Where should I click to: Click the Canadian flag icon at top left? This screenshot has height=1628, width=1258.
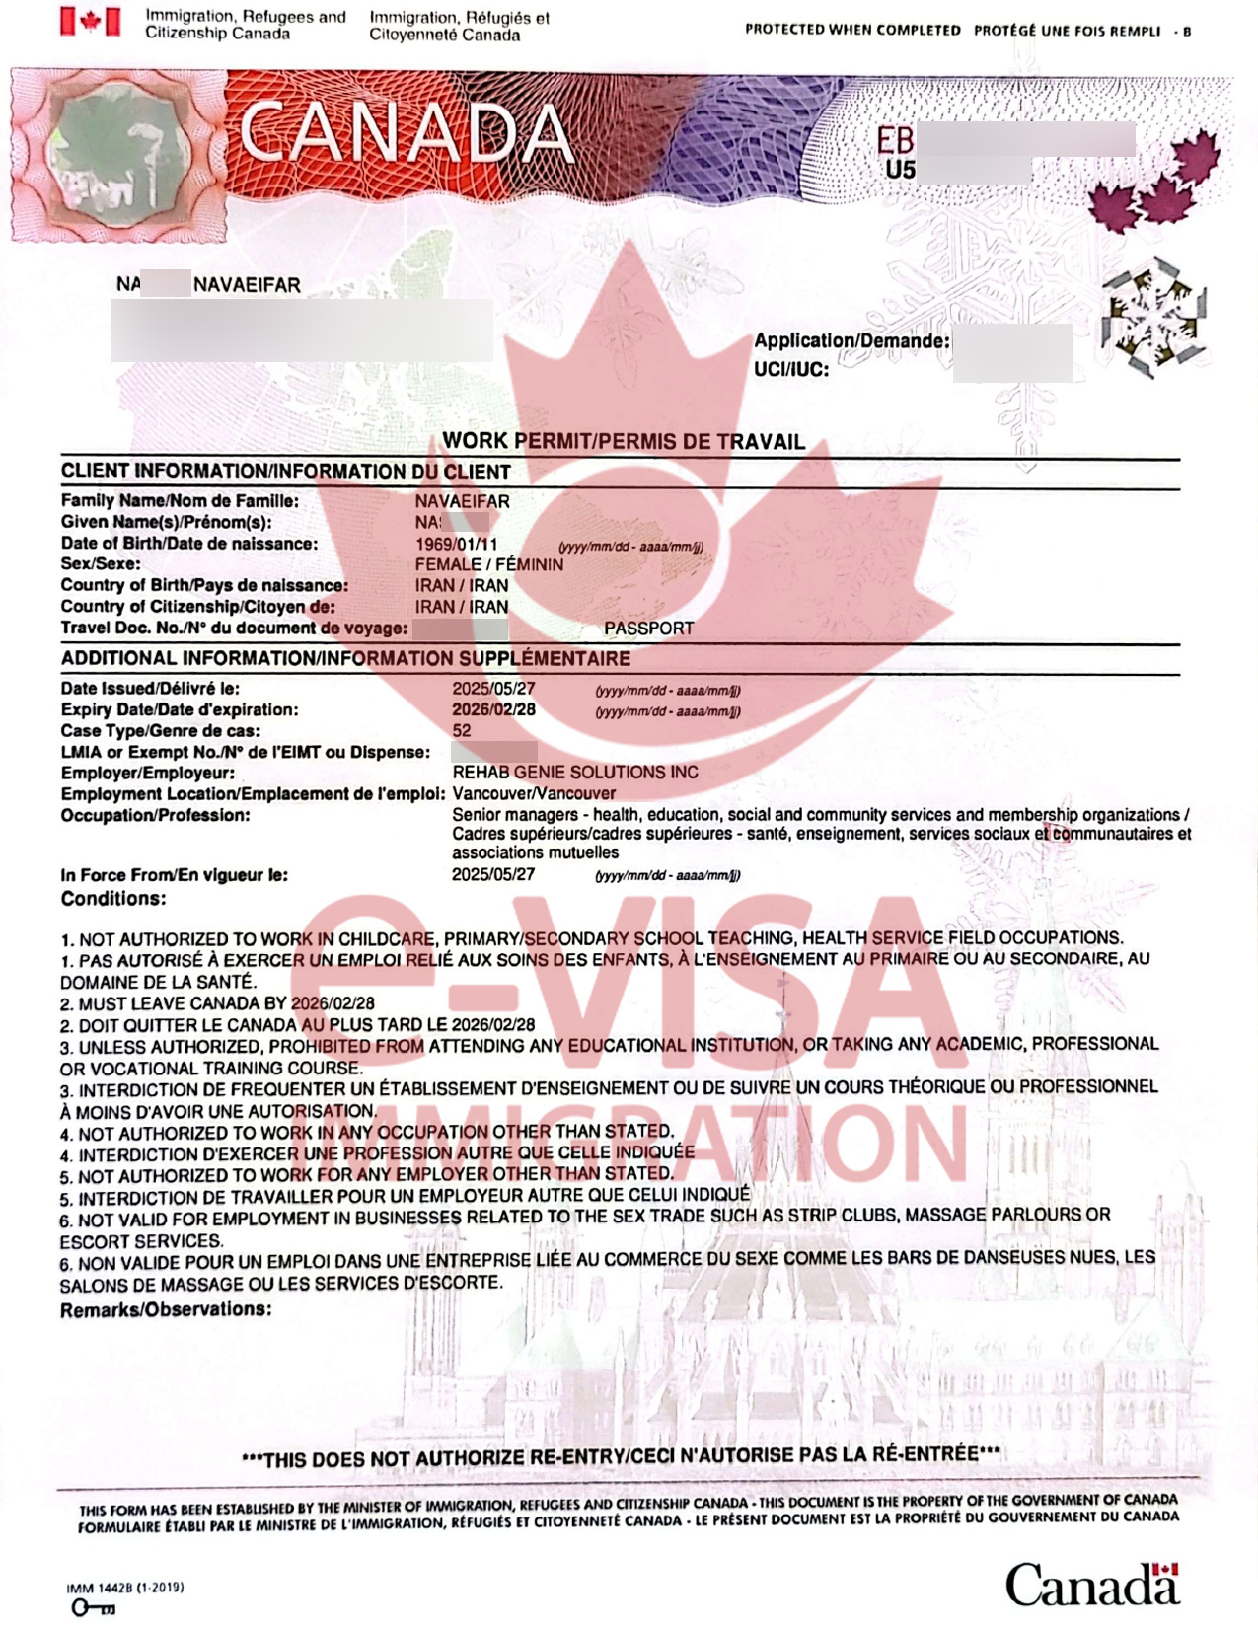coord(91,22)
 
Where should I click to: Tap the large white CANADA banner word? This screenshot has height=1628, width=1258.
coord(406,132)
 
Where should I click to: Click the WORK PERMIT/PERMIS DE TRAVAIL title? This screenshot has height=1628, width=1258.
coord(624,441)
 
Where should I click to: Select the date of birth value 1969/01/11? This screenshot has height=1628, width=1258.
coord(457,544)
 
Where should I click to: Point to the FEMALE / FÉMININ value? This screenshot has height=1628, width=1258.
coord(489,564)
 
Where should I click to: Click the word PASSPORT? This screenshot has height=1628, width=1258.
coord(648,629)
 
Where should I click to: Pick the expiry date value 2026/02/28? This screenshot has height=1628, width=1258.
coord(493,709)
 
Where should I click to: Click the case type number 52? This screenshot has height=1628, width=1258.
coord(462,731)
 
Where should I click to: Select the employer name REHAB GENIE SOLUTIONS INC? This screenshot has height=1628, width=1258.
coord(575,773)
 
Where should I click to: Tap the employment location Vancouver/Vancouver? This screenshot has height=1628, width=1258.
coord(534,793)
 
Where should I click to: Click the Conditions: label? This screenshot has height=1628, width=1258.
coord(113,899)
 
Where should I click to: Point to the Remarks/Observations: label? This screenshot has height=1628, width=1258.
coord(166,1309)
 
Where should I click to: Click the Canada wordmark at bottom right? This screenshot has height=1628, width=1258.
coord(1091,1585)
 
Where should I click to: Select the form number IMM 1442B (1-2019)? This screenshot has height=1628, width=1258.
coord(124,1588)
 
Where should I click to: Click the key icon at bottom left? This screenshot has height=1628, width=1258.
coord(93,1608)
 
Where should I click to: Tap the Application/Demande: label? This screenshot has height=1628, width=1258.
coord(851,341)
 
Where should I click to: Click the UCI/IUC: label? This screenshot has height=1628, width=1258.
coord(791,370)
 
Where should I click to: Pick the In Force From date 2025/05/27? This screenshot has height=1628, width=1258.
coord(493,875)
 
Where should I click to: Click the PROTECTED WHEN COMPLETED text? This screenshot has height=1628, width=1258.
coord(852,30)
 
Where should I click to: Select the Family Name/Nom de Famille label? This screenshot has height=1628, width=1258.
coord(180,501)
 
